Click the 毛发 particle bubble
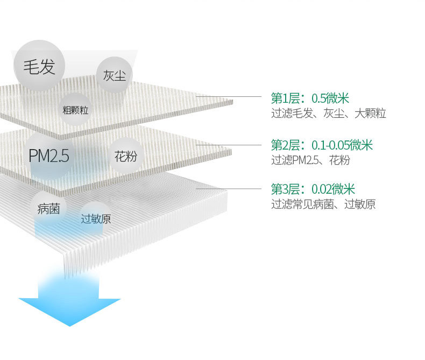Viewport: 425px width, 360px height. [38, 67]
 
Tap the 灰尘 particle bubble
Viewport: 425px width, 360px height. [114, 75]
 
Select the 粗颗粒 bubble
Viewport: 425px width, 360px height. [75, 110]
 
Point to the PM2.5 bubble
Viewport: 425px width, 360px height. [49, 156]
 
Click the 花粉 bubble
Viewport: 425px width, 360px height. [125, 157]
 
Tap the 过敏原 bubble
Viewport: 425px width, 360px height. [96, 218]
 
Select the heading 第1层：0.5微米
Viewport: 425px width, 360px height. [310, 98]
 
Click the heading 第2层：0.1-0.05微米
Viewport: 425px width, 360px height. [322, 145]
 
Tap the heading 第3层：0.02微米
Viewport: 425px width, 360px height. [313, 189]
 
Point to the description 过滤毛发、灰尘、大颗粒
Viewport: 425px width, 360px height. [329, 114]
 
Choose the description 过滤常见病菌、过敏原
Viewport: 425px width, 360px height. [323, 204]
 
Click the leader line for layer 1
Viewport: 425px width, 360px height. [231, 97]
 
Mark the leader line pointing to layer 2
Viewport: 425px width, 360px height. [231, 144]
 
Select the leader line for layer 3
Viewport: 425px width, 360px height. [231, 189]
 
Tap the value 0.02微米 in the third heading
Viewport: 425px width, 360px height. [333, 189]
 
